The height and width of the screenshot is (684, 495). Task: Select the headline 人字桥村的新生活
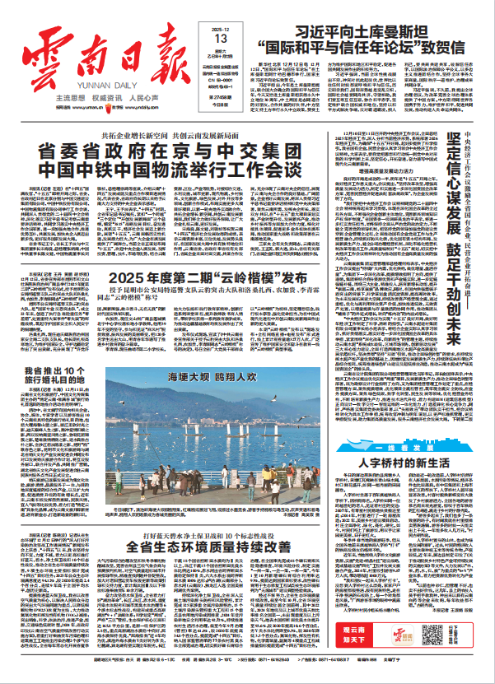pos(414,463)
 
